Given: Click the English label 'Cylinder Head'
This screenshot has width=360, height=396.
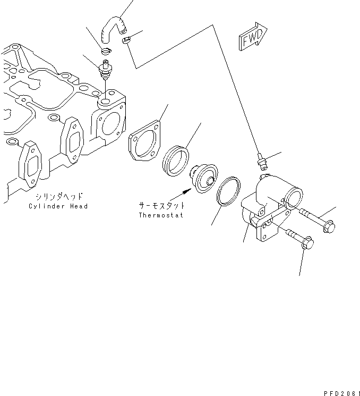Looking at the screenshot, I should tap(58, 206).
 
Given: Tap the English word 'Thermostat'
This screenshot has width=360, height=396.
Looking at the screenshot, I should tap(160, 215).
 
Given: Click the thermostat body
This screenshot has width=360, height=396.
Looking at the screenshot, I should tap(204, 179).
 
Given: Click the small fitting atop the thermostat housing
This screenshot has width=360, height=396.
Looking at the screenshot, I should tap(261, 160).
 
